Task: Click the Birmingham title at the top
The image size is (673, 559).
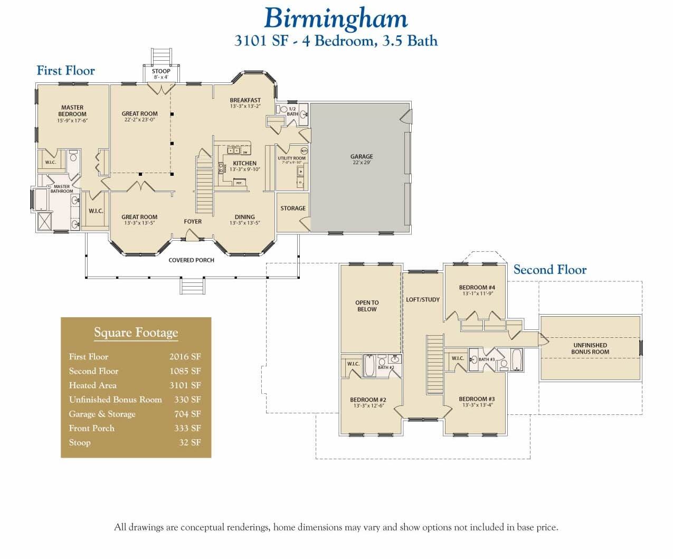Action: (336, 18)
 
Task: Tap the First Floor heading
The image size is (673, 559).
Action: (65, 71)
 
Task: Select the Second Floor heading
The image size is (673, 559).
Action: (549, 270)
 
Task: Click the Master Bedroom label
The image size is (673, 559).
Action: (72, 111)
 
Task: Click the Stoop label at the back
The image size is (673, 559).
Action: (161, 73)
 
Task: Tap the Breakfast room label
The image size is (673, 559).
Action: (245, 103)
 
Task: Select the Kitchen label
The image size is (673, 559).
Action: (244, 166)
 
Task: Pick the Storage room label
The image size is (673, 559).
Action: (293, 209)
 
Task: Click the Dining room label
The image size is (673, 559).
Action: (244, 220)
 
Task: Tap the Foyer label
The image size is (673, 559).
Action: (193, 222)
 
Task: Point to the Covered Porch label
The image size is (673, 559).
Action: (191, 260)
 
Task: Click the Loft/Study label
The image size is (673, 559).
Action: (422, 300)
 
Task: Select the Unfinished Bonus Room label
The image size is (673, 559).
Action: (590, 348)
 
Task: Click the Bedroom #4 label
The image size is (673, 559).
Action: (477, 290)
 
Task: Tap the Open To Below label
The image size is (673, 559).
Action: (367, 306)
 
